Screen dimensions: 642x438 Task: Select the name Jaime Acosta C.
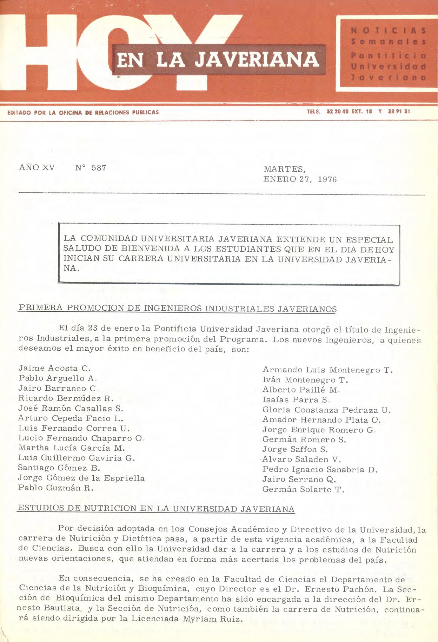coord(54,368)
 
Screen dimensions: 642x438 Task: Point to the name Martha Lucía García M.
coord(71,448)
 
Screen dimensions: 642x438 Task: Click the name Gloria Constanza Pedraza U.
coord(326,410)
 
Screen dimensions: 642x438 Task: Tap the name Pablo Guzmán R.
coord(56,488)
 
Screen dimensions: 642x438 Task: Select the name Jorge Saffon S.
coord(295,449)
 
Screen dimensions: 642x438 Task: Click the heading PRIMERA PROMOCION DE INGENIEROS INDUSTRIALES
coord(177,309)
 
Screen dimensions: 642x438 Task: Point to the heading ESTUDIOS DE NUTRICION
coord(156,509)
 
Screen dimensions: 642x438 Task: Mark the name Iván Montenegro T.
coord(305,380)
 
